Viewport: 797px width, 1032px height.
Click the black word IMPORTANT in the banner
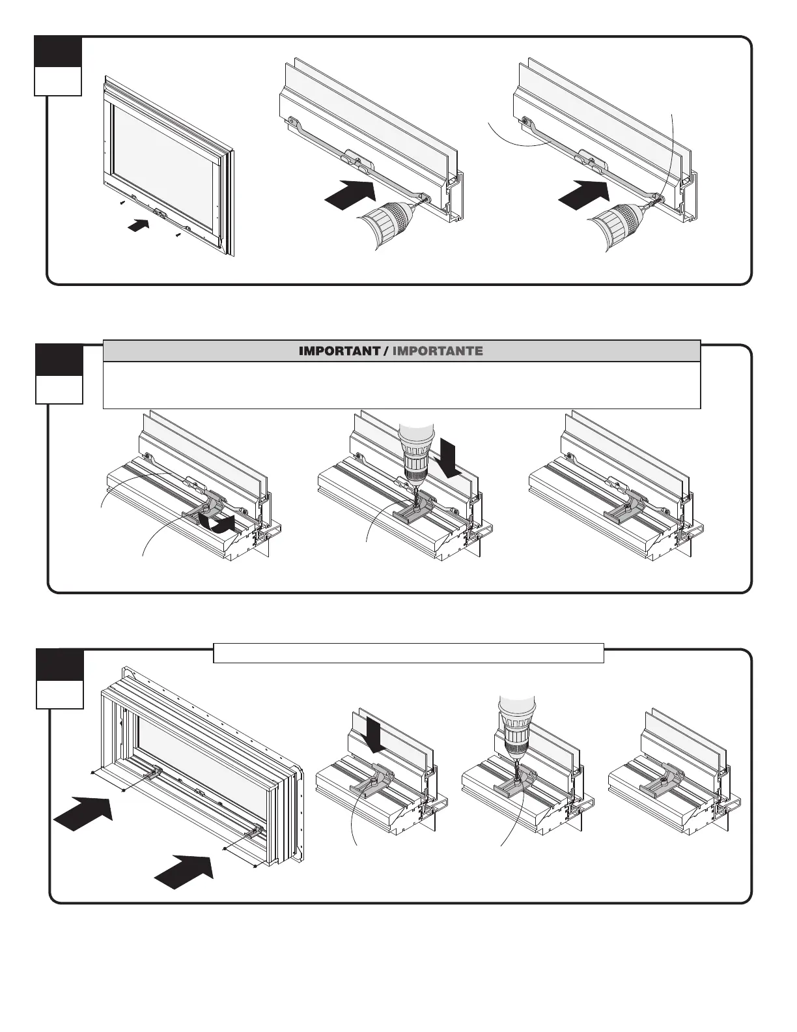[339, 351]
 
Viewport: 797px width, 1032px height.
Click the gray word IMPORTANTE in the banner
[438, 351]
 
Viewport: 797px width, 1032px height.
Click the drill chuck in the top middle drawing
[388, 221]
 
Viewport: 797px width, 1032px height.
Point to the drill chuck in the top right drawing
[621, 222]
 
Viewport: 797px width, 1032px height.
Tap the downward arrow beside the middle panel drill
[450, 457]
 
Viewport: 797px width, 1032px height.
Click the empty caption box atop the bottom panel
[408, 653]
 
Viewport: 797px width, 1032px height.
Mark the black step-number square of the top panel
[59, 51]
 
